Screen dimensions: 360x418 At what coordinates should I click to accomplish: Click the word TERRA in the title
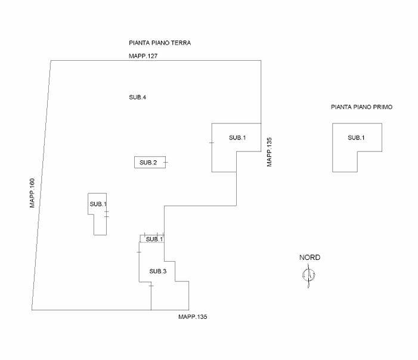coord(181,44)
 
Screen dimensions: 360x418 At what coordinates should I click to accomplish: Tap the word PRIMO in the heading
coord(382,107)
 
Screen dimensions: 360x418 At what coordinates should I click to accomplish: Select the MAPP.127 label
coord(143,56)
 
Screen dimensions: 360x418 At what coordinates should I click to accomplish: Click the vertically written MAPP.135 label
coord(270,151)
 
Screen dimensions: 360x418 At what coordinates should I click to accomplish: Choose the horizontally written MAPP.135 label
coord(193,316)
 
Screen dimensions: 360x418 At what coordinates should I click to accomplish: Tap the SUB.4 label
coord(138,97)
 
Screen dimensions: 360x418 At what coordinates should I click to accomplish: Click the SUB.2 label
coord(148,163)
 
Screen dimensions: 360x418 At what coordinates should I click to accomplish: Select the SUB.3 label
coord(157,272)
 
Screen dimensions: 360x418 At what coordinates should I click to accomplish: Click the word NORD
coord(309,257)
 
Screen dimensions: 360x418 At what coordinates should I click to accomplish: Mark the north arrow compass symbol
coord(309,275)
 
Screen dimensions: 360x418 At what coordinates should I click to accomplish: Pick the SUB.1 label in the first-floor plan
coord(357,138)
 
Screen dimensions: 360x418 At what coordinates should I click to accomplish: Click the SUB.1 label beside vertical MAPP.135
coord(237,138)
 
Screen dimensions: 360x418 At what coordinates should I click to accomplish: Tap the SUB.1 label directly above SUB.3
coord(154,239)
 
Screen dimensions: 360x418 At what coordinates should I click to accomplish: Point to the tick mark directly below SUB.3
coord(151,287)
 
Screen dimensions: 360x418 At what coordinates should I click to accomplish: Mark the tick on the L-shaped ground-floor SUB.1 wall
coord(212,143)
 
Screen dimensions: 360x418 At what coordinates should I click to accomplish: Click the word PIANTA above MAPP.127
coord(139,44)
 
